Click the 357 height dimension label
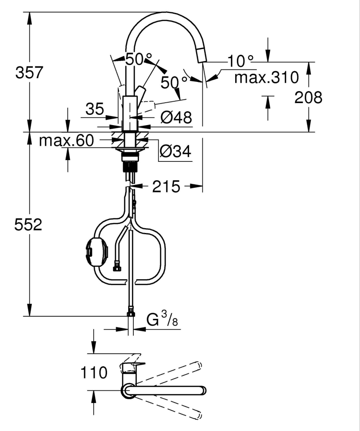(29, 72)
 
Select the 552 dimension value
(28, 225)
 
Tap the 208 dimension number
(308, 98)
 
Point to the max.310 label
(266, 78)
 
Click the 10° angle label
(241, 61)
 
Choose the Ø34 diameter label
(175, 151)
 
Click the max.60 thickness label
(66, 141)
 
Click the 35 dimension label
(94, 109)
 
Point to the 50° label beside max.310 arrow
(174, 82)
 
